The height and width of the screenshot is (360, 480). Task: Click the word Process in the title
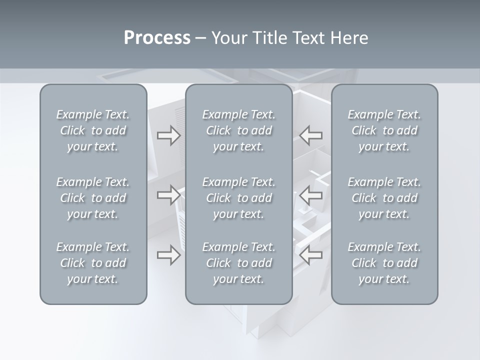point(157,38)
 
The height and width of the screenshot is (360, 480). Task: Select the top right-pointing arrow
point(169,135)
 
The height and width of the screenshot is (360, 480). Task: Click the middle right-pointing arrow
point(169,194)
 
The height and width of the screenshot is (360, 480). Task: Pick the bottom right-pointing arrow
point(169,255)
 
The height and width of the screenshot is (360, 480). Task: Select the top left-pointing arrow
point(311,135)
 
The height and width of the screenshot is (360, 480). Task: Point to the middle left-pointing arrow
point(311,194)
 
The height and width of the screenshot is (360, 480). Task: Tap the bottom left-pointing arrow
point(311,255)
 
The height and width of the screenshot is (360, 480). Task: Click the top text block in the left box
point(93,130)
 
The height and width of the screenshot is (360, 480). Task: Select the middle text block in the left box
point(93,198)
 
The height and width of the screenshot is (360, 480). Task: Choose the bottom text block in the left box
point(93,263)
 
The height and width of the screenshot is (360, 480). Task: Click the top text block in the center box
point(239,130)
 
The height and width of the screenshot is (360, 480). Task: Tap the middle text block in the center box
point(239,198)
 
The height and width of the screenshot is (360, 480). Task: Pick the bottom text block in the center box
point(239,263)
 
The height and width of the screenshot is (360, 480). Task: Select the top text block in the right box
point(384,130)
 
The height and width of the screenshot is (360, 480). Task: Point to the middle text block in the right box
point(384,198)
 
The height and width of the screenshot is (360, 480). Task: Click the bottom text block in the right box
point(384,263)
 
